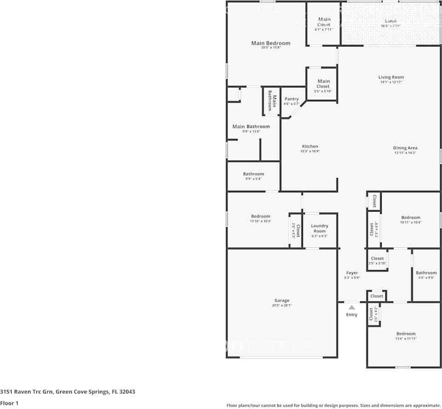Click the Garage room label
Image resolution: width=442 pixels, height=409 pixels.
point(282,300)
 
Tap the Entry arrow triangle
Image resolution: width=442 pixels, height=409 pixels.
point(351,307)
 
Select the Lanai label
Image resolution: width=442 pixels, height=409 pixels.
point(390,21)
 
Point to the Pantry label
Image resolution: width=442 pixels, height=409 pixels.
point(291,99)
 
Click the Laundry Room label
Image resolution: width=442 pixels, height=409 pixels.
point(320,228)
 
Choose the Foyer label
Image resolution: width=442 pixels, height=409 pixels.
point(352,273)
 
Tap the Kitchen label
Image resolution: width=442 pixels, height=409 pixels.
point(310,146)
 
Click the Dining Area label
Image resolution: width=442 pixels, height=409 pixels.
point(405,148)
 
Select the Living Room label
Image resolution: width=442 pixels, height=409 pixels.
point(391,77)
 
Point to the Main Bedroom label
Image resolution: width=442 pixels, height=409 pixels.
point(271,43)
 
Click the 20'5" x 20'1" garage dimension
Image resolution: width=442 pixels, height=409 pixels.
point(282,305)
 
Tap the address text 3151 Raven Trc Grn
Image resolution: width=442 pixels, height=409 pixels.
point(28,392)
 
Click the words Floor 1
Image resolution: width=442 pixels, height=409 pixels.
point(9,403)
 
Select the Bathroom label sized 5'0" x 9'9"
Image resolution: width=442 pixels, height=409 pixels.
point(426,273)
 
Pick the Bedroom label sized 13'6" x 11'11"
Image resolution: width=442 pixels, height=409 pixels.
point(406,334)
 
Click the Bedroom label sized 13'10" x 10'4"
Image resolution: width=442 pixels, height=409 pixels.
point(261,216)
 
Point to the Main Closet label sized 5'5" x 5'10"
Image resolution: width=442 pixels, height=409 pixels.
point(323,84)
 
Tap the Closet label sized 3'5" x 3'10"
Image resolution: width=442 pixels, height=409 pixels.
point(377,259)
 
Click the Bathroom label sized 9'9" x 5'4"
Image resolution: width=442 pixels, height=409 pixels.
point(254,174)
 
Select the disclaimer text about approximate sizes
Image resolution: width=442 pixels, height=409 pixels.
point(333,405)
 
